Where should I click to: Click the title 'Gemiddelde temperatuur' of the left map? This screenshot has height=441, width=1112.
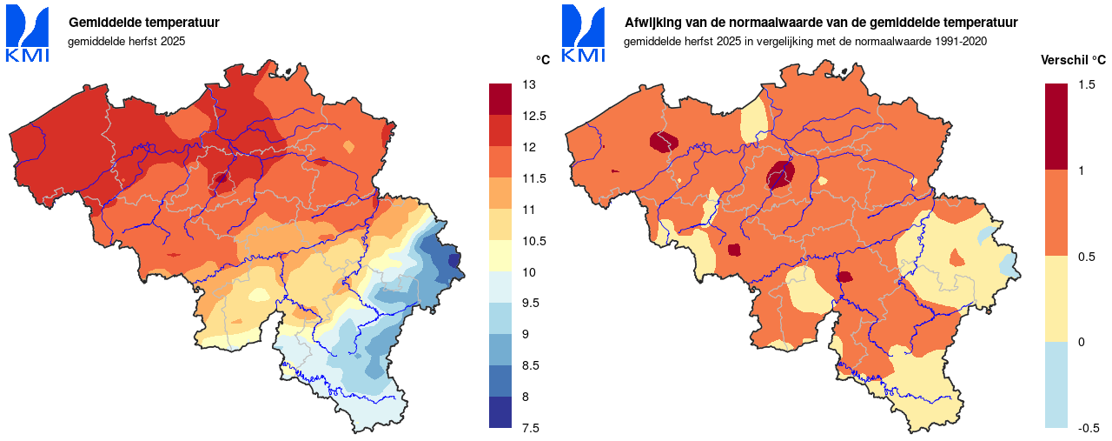[x=143, y=23]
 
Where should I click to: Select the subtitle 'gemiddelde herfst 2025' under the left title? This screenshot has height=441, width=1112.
[x=126, y=41]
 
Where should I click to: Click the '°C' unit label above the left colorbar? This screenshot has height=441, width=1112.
[x=542, y=60]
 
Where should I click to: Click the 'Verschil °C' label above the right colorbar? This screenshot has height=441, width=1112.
[x=1073, y=60]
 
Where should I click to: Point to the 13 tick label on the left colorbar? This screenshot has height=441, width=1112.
[x=528, y=84]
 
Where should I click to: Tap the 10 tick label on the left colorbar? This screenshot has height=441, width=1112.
[x=528, y=272]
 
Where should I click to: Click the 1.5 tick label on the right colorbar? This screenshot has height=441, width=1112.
[x=1086, y=84]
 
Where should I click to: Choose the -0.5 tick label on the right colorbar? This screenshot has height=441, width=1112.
[x=1089, y=428]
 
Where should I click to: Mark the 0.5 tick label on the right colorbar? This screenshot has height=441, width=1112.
[x=1086, y=256]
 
